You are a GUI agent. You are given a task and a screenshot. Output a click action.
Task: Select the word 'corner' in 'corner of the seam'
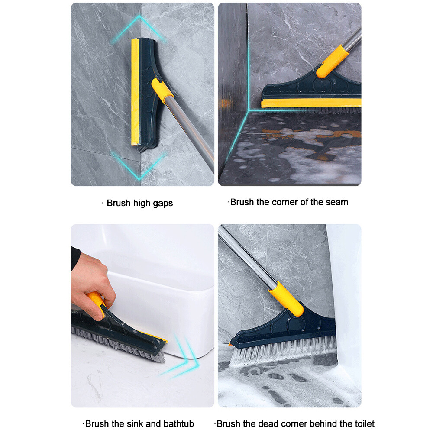tap(284, 202)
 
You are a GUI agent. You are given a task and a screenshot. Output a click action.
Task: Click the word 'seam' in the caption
tap(338, 202)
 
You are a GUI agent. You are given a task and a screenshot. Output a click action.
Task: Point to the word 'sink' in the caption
tap(135, 424)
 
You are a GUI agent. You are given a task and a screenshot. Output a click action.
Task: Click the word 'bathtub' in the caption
tap(178, 424)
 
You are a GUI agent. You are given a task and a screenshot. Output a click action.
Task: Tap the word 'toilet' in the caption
tap(362, 424)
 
